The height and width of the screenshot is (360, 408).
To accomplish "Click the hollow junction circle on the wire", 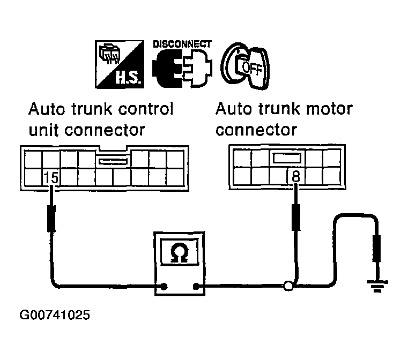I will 288,287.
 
